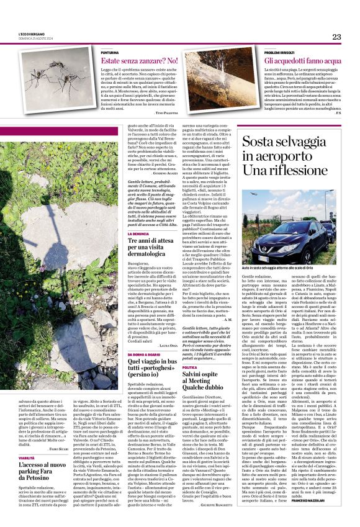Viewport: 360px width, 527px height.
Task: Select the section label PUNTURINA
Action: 110,53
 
